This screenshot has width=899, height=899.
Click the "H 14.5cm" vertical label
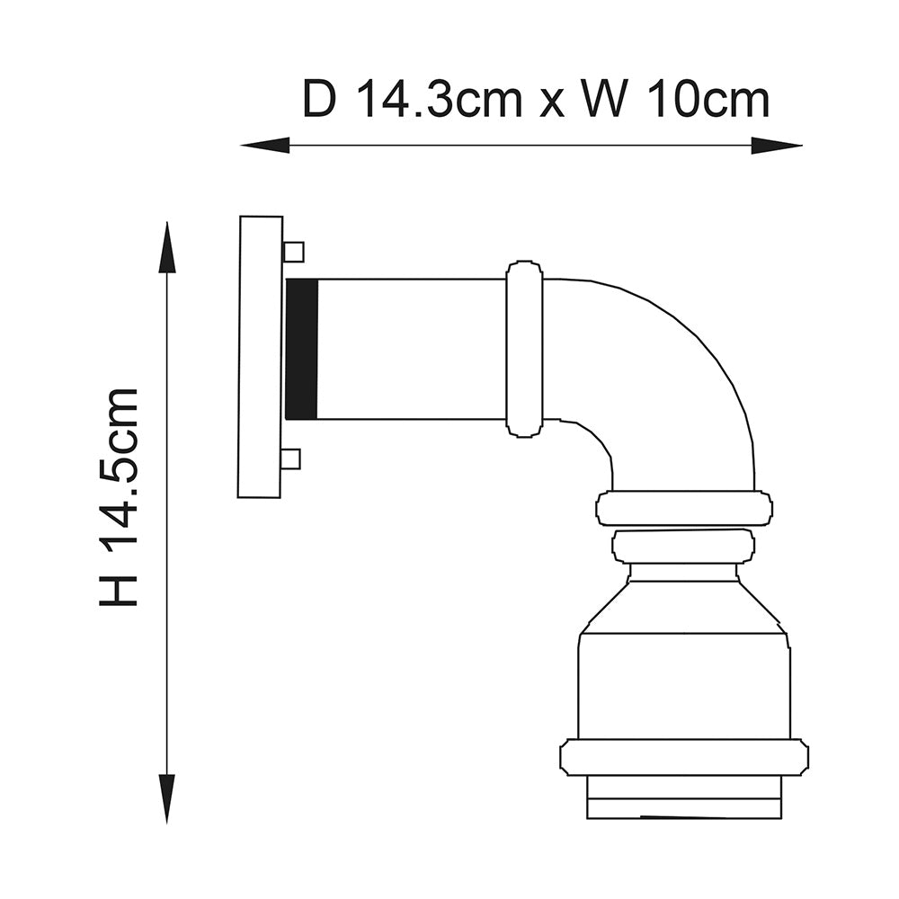tap(120, 497)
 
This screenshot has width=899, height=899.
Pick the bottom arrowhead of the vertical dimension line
tap(166, 800)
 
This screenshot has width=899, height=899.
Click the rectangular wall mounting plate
tap(260, 357)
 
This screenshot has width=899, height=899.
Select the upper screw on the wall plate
tap(293, 252)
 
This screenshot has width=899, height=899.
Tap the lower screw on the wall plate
tap(290, 459)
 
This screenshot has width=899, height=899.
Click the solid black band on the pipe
tap(302, 349)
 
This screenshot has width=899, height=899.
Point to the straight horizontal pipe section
tap(412, 349)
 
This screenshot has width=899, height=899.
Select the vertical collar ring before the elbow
tap(524, 349)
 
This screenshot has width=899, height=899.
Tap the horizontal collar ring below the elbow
tap(685, 508)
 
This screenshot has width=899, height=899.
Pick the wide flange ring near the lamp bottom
tap(683, 757)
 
